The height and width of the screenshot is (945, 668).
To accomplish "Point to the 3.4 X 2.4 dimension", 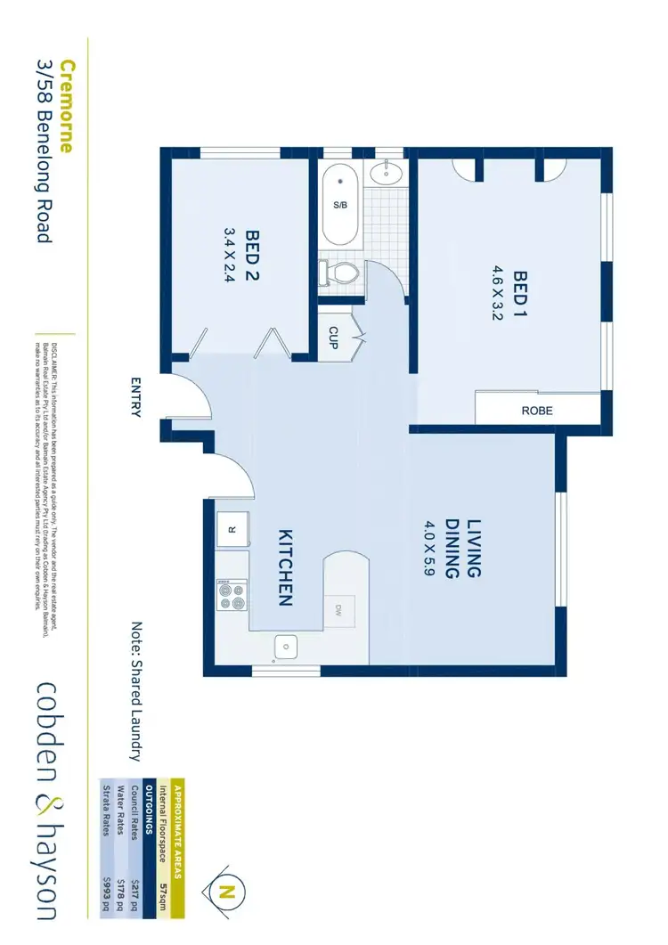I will (x=229, y=254).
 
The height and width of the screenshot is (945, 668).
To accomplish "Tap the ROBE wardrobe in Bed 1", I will (x=537, y=411).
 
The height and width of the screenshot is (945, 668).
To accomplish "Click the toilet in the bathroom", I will (x=339, y=270).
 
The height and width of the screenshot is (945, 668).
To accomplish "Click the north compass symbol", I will (x=229, y=888).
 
